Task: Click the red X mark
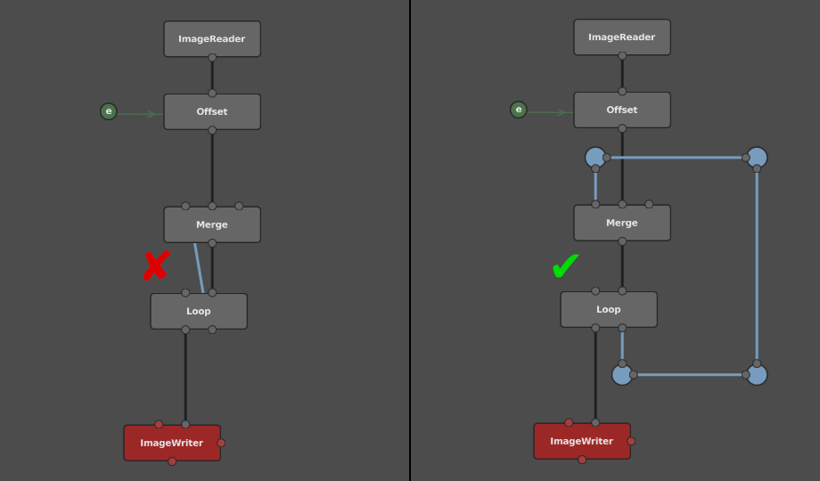coord(156,265)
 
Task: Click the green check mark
coord(565,266)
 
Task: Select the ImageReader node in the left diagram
coord(212,38)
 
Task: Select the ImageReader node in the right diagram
coord(622,37)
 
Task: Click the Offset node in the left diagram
coord(212,111)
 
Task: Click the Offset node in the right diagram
coord(622,110)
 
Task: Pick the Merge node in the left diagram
coord(212,224)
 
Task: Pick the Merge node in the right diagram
coord(622,223)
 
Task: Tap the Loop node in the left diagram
coord(199,311)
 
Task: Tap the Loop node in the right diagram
coord(609,309)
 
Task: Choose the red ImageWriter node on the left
coord(172,443)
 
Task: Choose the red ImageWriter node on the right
coord(582,441)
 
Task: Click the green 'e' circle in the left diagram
coord(108,111)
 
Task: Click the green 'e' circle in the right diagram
coord(518,110)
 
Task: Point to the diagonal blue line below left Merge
coord(199,268)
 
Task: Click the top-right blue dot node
coord(757,158)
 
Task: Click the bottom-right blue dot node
coord(757,375)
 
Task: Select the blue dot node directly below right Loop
coord(622,375)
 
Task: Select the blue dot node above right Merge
coord(595,158)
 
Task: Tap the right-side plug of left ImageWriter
coord(221,443)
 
